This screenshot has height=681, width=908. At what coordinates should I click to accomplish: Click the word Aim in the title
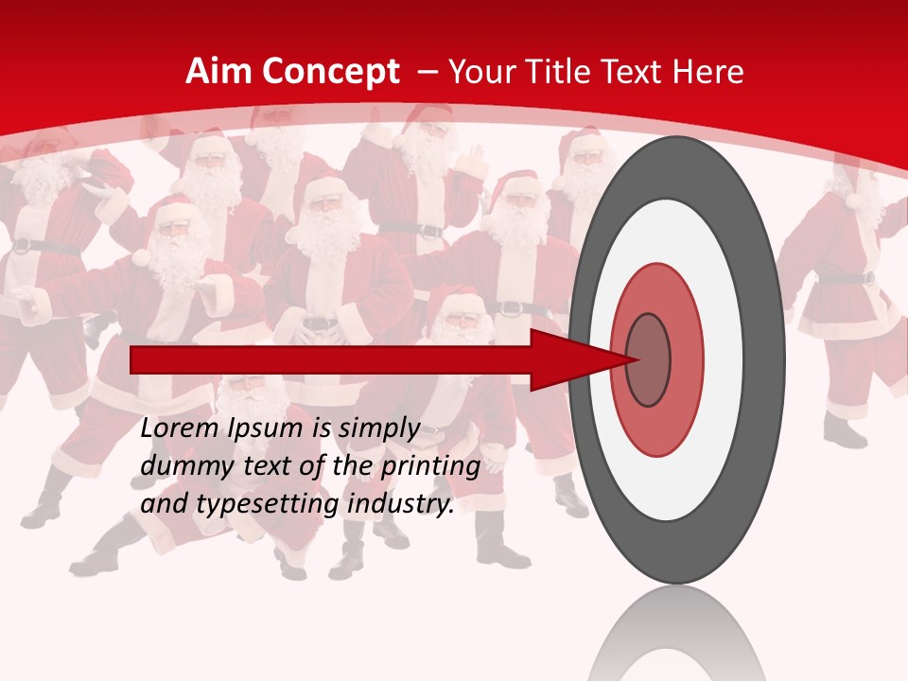point(218,72)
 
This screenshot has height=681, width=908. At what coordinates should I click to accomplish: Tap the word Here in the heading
point(710,72)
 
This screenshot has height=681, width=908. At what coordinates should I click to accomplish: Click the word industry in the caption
point(400,504)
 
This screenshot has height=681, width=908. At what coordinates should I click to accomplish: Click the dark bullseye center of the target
point(649,360)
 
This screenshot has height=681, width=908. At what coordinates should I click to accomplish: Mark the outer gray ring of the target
point(766,360)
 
